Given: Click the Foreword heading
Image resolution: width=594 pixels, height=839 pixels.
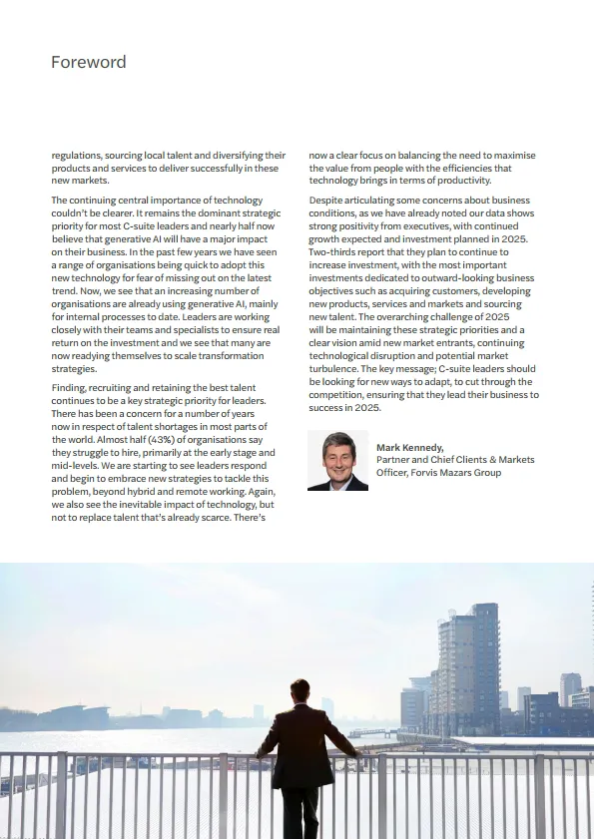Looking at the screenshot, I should pyautogui.click(x=89, y=62).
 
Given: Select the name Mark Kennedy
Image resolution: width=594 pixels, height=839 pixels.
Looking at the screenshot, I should pyautogui.click(x=409, y=448).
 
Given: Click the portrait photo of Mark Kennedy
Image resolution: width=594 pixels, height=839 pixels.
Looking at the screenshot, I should pyautogui.click(x=337, y=461).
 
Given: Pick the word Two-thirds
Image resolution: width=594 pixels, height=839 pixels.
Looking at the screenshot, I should pyautogui.click(x=332, y=252).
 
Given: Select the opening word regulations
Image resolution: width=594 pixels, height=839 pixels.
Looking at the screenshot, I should pyautogui.click(x=78, y=156).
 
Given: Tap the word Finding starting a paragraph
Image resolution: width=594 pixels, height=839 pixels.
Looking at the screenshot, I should pyautogui.click(x=70, y=388).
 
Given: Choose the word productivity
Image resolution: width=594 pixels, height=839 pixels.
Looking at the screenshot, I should pyautogui.click(x=483, y=181).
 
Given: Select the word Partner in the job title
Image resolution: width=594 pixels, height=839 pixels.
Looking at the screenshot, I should pyautogui.click(x=394, y=460).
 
